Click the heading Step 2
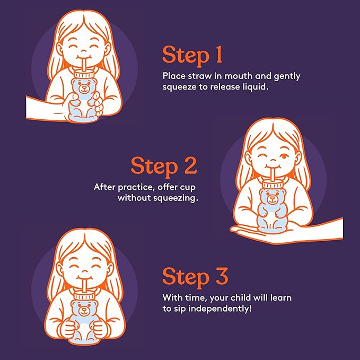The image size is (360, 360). coord(164,165)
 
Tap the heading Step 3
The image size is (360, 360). coord(195,277)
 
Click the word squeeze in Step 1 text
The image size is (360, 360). coord(179,86)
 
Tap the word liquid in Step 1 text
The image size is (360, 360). coord(253,86)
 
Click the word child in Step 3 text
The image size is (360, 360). coord(237,297)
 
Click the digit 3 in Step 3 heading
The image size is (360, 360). coord(219,277)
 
